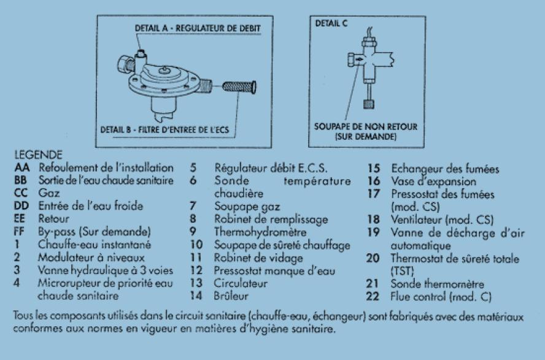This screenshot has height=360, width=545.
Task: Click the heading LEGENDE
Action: point(38,155)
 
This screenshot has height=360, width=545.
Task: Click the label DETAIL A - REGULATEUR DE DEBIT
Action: point(198,28)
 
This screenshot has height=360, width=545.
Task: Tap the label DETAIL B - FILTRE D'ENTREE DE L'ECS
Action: point(164,130)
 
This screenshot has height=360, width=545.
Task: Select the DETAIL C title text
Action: point(331,23)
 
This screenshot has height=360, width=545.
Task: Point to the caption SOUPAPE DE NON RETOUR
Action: point(366,127)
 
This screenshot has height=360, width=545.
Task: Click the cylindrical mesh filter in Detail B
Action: point(239,87)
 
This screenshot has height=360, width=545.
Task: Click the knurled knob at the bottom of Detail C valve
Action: point(368,104)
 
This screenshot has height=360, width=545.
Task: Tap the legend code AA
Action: point(22,167)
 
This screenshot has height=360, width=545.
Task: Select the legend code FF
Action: point(20,231)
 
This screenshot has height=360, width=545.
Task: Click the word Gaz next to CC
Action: point(49,193)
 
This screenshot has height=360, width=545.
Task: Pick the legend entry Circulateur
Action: point(241,283)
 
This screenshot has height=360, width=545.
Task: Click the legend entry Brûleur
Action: point(231,296)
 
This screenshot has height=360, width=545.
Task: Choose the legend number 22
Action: point(373,296)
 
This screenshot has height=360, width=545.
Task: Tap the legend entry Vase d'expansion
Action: point(433,182)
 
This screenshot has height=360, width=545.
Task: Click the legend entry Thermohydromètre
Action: point(260,232)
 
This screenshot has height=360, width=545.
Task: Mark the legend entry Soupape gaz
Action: point(247,207)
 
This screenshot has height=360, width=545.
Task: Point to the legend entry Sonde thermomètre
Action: point(437,284)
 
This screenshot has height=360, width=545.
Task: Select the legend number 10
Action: point(196,245)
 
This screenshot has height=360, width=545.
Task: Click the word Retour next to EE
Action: point(53,219)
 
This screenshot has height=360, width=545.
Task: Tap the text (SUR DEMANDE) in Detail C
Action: point(365,136)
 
